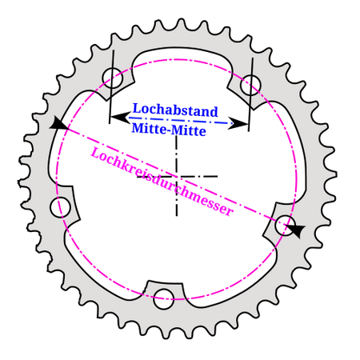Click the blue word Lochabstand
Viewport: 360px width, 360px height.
pyautogui.click(x=175, y=110)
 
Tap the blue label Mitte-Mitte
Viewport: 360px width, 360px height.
pyautogui.click(x=169, y=130)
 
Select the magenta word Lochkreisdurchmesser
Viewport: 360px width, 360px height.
pyautogui.click(x=162, y=182)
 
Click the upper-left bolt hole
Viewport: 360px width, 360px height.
pyautogui.click(x=113, y=78)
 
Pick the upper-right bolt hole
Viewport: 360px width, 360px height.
pyautogui.click(x=250, y=85)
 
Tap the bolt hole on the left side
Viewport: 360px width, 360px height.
pyautogui.click(x=60, y=207)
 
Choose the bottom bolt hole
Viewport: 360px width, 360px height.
pyautogui.click(x=164, y=299)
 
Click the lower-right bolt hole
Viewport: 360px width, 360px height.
pyautogui.click(x=285, y=226)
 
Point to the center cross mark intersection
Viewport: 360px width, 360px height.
pyautogui.click(x=177, y=176)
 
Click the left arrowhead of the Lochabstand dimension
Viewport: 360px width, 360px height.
pyautogui.click(x=120, y=118)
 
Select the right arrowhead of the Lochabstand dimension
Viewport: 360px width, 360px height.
pyautogui.click(x=238, y=123)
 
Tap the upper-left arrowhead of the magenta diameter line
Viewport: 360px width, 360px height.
pyautogui.click(x=58, y=123)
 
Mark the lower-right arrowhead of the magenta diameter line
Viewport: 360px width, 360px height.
pyautogui.click(x=295, y=230)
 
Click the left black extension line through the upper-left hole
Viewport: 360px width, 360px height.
pyautogui.click(x=111, y=86)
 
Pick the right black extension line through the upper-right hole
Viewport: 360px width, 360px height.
pyautogui.click(x=250, y=94)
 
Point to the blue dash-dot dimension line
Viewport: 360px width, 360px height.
pyautogui.click(x=179, y=120)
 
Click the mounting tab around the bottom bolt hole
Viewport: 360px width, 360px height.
pyautogui.click(x=165, y=294)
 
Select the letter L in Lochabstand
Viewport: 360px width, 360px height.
pyautogui.click(x=137, y=109)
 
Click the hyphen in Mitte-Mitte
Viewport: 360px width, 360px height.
pyautogui.click(x=168, y=130)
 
